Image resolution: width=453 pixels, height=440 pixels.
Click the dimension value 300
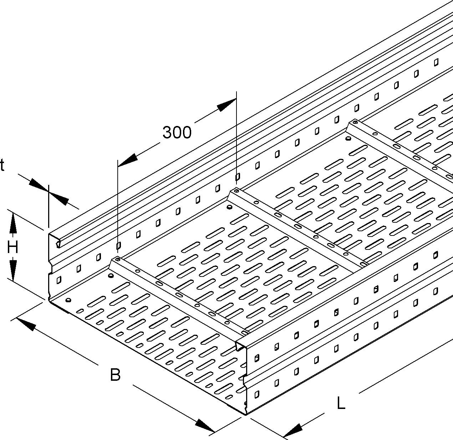(177, 132)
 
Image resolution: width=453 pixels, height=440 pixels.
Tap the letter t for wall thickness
(2, 165)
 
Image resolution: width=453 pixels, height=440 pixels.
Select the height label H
(12, 247)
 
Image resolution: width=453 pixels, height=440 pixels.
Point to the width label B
(115, 375)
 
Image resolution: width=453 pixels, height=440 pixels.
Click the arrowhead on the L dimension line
(293, 430)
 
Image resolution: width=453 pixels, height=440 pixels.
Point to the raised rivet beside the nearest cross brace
(111, 276)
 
